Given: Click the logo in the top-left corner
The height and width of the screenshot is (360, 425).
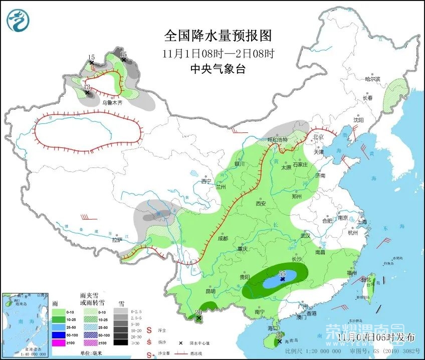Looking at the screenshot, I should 18,20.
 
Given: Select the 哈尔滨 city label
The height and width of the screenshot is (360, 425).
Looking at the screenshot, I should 372,79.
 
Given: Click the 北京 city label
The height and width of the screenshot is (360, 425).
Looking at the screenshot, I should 318,137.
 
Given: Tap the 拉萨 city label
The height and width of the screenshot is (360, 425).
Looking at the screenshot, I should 117,240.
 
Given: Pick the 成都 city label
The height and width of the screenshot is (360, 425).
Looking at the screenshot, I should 223,238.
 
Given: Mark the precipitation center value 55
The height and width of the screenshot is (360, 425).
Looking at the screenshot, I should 283,274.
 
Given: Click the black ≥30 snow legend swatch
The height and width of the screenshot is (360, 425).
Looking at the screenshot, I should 120,343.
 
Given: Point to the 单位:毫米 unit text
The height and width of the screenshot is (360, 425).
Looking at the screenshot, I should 91,353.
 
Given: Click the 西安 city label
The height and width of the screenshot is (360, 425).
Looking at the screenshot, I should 260,204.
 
